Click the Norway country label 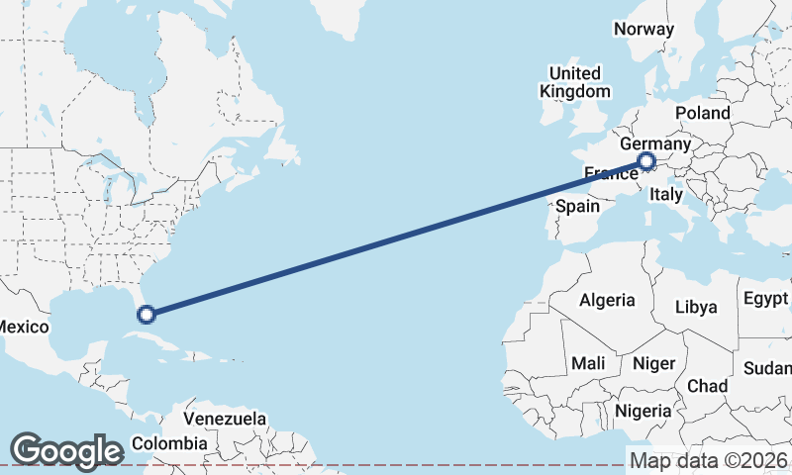coord(643,29)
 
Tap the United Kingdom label coord(575,82)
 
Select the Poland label coord(703,113)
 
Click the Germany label coord(654,144)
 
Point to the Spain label coord(578,206)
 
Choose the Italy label coord(666,196)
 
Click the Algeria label coord(607,300)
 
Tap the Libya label coord(696,307)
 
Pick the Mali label coord(588,363)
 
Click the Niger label coord(653,363)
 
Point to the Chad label coord(707,385)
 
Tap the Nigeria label coord(643,410)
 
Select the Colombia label coord(163,442)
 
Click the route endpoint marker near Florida coord(147,315)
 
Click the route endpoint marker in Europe coord(646,161)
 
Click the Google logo coord(65,450)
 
